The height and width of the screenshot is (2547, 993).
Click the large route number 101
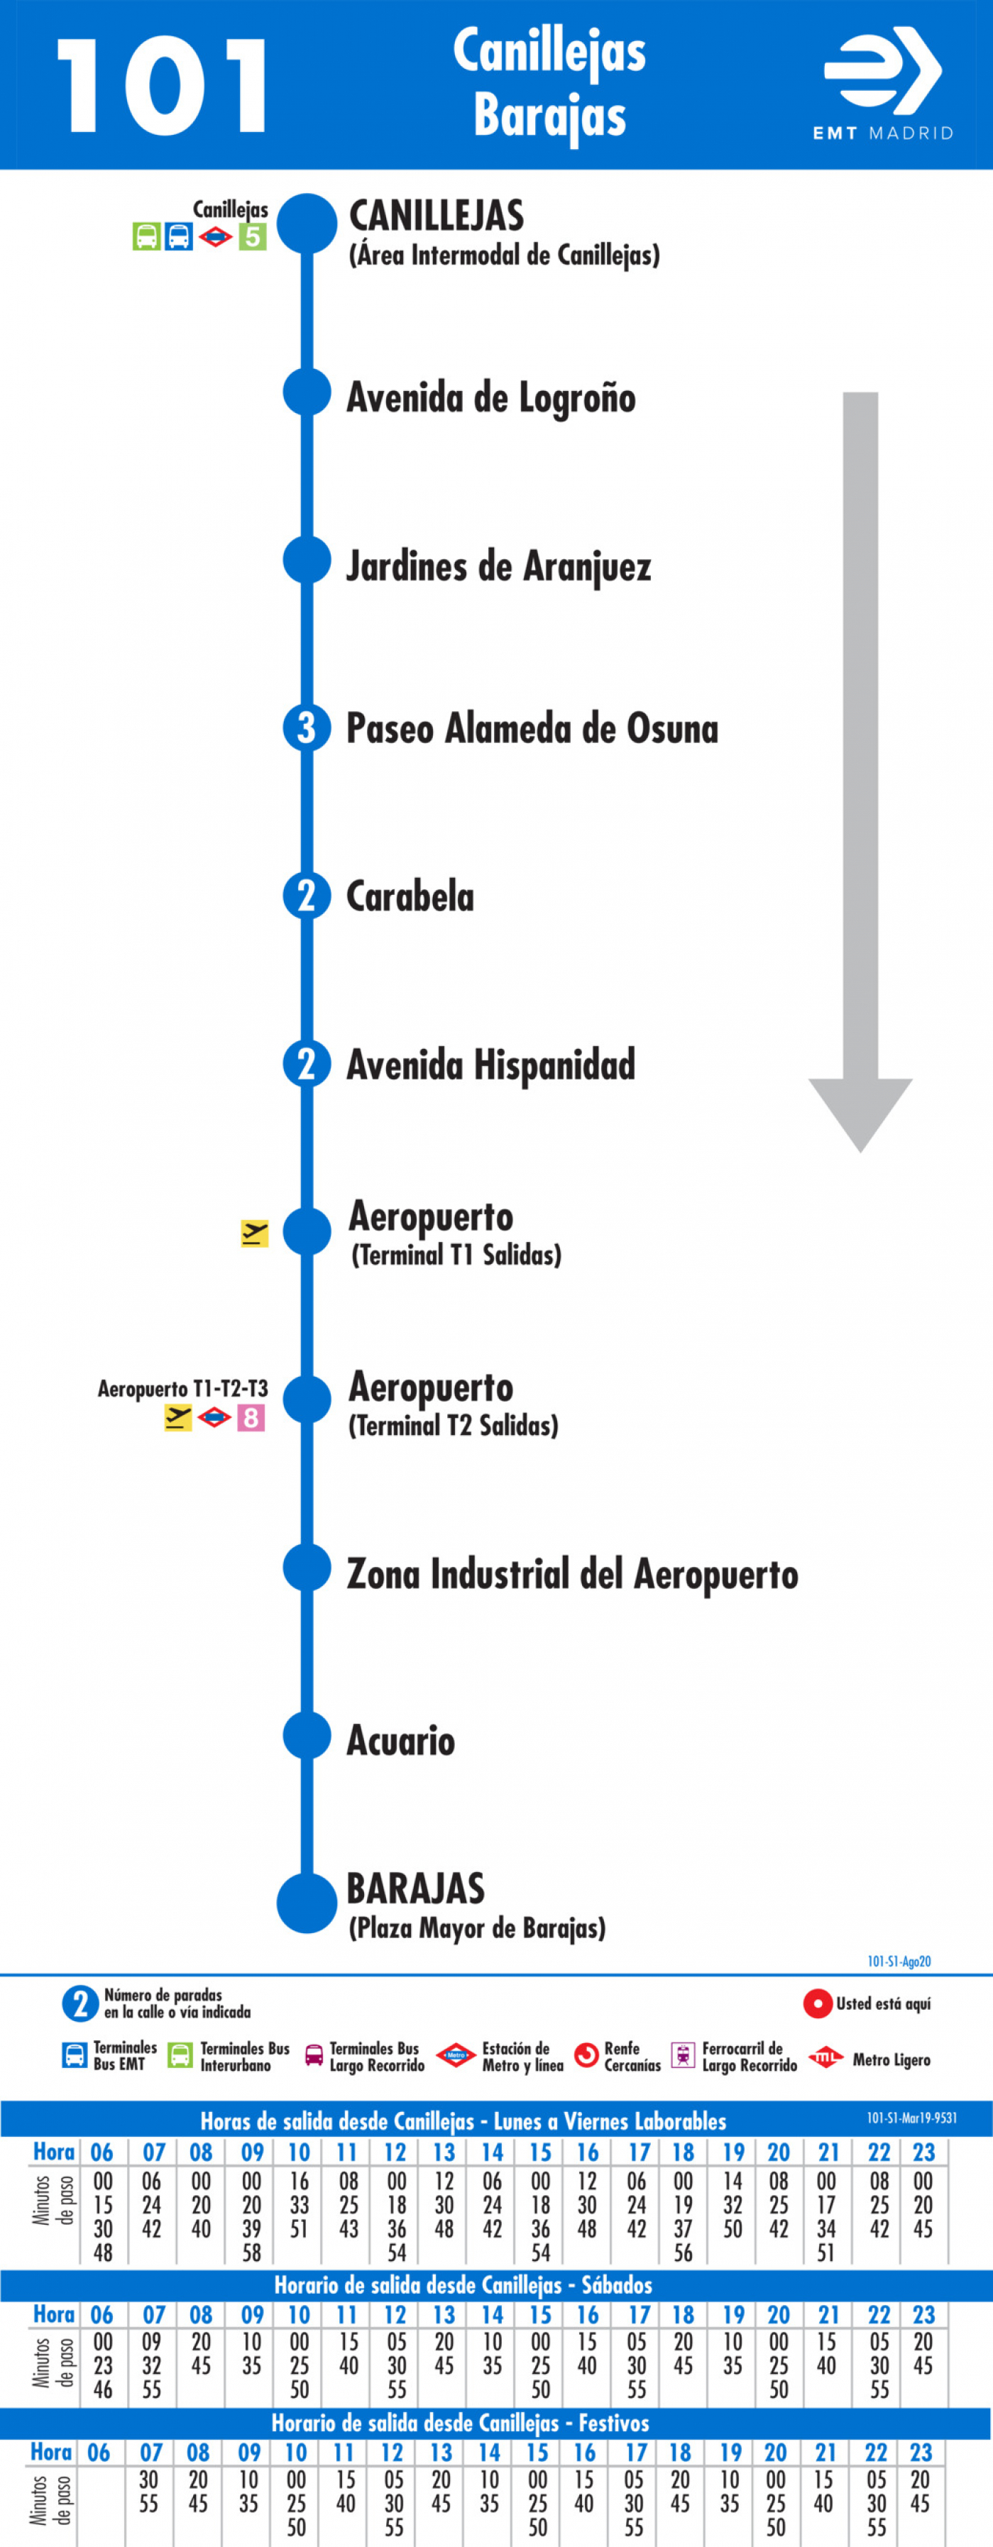point(161,86)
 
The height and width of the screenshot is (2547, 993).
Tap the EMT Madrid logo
point(883,84)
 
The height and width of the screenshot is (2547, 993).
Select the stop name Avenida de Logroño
point(490,397)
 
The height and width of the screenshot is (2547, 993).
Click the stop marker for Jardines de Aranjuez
point(307,560)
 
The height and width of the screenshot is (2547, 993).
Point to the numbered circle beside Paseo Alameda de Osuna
point(307,729)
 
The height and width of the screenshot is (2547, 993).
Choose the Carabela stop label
point(410,897)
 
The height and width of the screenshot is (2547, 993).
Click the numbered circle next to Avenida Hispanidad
point(307,1065)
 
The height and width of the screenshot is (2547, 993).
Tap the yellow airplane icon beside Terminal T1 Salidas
point(254,1233)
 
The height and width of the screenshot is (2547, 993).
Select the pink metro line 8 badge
point(251,1418)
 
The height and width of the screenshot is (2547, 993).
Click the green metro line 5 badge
point(252,236)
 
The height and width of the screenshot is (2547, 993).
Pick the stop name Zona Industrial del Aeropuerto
point(571,1574)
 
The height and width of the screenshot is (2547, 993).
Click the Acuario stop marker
point(307,1735)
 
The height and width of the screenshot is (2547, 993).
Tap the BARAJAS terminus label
point(415,1888)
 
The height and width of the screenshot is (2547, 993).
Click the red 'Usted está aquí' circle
point(817,2004)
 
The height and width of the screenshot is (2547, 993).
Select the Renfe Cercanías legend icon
point(586,2056)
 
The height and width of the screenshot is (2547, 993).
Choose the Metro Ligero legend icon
point(824,2059)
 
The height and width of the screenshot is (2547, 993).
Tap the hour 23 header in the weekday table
point(923,2152)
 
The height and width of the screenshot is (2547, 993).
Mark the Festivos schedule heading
point(460,2422)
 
